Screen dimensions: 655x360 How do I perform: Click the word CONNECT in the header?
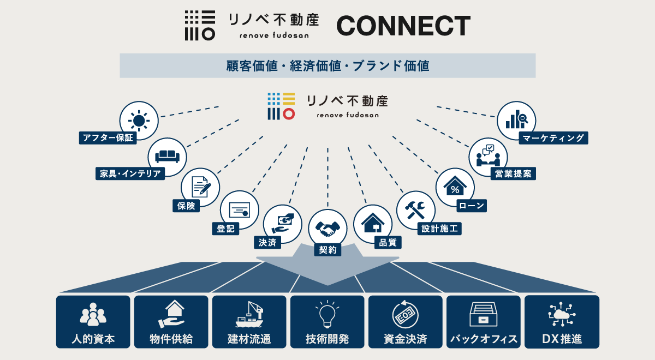tap(403, 26)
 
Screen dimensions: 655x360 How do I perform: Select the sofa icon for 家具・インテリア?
tap(168, 157)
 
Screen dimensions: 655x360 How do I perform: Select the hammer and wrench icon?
tap(415, 209)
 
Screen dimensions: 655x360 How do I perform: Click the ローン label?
tap(471, 205)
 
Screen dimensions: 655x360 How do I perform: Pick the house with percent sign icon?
tap(455, 187)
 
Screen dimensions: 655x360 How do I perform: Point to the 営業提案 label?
tap(513, 173)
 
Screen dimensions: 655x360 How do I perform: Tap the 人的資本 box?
tap(93, 322)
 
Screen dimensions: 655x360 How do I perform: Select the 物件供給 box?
tap(171, 322)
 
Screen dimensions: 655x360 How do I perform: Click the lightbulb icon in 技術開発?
tap(327, 314)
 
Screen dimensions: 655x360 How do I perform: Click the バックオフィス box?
tap(484, 322)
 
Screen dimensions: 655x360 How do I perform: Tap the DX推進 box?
tap(562, 322)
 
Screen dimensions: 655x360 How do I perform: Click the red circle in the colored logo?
tap(289, 113)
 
